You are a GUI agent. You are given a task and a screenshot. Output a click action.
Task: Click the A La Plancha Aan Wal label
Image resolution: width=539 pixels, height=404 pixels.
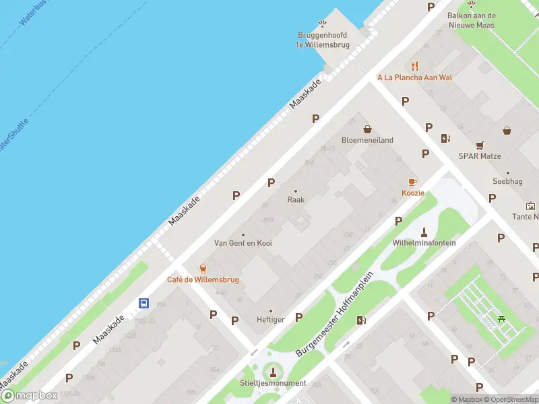point(414,77)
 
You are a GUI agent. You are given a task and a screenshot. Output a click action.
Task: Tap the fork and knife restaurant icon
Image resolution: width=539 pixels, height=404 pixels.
point(414,66)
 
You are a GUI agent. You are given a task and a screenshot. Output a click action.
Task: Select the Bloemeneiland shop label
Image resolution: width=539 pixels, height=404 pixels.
point(367,140)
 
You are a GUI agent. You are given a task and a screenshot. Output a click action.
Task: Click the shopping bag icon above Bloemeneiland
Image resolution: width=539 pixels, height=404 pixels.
point(367,129)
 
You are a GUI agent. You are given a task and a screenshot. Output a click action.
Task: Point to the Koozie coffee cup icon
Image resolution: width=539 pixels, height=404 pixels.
point(413,182)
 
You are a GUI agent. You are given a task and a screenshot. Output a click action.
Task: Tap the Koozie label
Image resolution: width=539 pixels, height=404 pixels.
point(413,193)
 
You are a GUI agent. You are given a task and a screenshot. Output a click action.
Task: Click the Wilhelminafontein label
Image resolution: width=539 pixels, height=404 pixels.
point(424,242)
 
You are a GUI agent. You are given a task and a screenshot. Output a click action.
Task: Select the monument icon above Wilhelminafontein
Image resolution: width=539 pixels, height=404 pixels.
point(424,232)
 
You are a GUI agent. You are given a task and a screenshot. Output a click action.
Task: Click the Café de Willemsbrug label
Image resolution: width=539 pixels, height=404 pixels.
point(203,279)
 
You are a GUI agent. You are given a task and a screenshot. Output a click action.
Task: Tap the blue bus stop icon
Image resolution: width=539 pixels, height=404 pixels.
point(144,303)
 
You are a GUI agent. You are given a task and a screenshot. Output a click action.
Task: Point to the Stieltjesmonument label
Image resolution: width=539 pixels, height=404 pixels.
point(273,383)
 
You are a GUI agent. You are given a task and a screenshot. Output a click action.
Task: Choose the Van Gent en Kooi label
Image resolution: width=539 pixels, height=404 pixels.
point(243,242)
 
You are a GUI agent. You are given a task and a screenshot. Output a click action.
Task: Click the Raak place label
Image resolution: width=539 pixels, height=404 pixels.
point(296,200)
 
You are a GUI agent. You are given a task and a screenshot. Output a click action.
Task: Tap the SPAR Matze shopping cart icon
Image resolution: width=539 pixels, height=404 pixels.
point(480,144)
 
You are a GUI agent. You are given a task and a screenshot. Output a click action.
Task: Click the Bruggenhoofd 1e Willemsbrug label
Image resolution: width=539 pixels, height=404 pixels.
point(322,40)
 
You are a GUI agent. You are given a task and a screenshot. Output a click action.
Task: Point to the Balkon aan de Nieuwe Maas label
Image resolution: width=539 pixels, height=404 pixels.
point(472,20)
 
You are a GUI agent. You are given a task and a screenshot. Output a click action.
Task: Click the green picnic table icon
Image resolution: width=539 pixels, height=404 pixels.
point(501,319)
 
